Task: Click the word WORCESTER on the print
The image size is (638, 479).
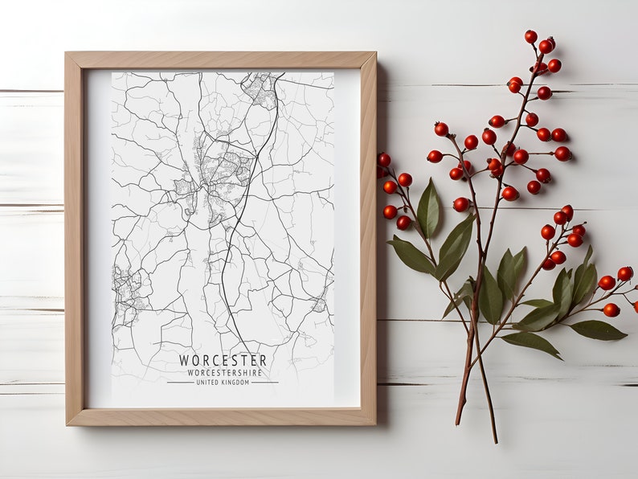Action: tap(223, 360)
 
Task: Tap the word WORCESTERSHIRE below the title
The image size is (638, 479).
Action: tap(223, 372)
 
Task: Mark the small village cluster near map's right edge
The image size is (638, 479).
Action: tap(319, 305)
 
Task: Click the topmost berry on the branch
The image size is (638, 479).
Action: tap(530, 36)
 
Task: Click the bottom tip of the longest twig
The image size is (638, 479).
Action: tap(495, 441)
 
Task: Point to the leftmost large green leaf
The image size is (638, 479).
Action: tap(411, 256)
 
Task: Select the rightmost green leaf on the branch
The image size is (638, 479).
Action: tap(599, 330)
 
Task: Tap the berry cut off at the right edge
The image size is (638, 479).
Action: tap(635, 306)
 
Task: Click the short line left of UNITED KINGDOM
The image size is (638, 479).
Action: tap(179, 383)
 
